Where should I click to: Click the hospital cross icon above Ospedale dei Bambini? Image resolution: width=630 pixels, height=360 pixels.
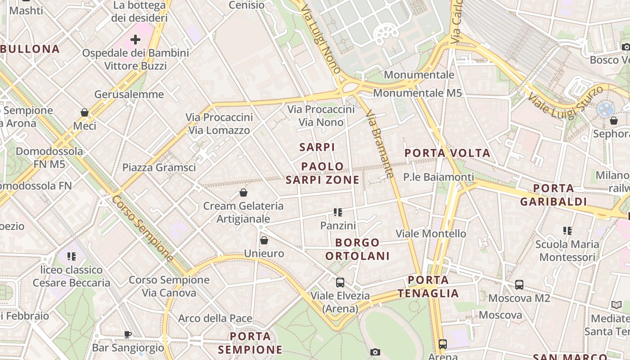coord(135,40)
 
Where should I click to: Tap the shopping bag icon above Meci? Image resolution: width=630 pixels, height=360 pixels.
coord(85,112)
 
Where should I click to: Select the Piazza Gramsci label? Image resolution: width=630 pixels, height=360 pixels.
coord(159,167)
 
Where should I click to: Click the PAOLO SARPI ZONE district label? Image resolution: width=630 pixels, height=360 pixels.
coord(323,173)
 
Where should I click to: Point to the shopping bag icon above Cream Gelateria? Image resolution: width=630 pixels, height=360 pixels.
coord(243,193)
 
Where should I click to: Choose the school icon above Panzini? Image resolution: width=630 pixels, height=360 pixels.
coord(338,212)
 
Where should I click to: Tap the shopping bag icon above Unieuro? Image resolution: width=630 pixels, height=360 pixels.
coord(264,240)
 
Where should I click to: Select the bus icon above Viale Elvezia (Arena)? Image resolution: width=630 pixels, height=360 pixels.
coord(340,283)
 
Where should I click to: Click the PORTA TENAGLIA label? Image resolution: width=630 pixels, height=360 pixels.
coord(428,287)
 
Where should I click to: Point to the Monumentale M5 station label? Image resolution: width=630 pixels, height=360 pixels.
coord(418,93)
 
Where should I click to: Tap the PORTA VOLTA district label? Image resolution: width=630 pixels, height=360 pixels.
coord(447,153)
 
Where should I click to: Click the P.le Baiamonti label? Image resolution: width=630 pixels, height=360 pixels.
coord(438,177)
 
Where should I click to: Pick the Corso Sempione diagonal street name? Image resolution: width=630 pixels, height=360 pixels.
coord(143,229)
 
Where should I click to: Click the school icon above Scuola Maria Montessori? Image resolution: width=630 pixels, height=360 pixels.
coord(567,231)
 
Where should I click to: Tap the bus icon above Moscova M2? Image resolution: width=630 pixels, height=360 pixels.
coord(519,284)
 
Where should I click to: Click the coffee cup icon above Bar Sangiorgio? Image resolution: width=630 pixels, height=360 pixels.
coord(128,334)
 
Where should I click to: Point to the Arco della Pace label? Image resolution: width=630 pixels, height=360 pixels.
coord(215,318)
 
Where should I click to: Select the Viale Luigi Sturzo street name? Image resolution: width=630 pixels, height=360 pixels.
coord(566,103)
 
